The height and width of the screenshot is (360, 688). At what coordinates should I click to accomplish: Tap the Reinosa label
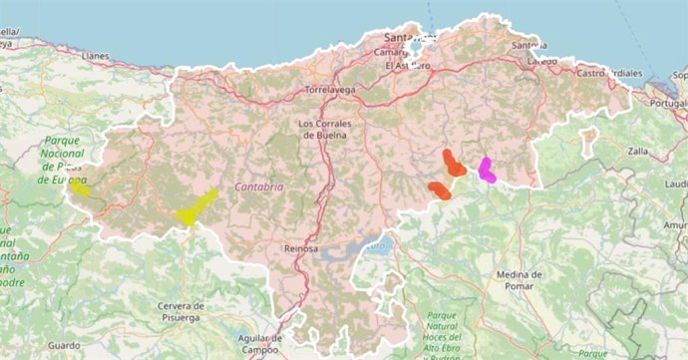(x=300, y=248)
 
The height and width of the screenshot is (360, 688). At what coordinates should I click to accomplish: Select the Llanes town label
(x=96, y=56)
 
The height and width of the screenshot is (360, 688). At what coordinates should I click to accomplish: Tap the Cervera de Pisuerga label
(x=180, y=311)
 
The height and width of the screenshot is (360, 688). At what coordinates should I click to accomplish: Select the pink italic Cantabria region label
(x=259, y=186)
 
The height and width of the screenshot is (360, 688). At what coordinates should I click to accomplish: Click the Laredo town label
(x=542, y=60)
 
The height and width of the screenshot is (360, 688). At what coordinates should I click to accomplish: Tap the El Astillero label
(x=407, y=66)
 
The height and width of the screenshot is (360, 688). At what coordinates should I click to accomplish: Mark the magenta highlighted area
(x=487, y=170)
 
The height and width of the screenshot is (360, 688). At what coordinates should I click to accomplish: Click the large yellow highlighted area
(x=197, y=207)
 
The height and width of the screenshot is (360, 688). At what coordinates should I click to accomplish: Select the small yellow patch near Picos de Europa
(x=79, y=186)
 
